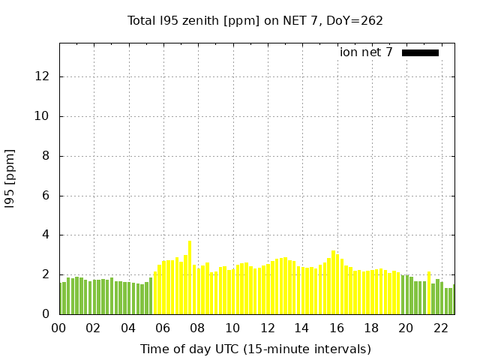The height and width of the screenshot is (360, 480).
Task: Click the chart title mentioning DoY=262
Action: pyautogui.click(x=255, y=20)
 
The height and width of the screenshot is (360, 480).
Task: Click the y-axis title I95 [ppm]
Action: pyautogui.click(x=10, y=178)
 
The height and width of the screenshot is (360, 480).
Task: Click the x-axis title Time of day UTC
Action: pyautogui.click(x=255, y=349)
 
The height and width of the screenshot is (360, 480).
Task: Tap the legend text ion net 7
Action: pyautogui.click(x=366, y=52)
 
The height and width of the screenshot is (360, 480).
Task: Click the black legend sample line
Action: pyautogui.click(x=420, y=52)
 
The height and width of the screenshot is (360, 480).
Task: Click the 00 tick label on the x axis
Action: pyautogui.click(x=58, y=328)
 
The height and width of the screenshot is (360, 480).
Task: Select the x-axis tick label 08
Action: pyautogui.click(x=197, y=328)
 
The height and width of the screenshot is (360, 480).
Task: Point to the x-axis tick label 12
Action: pyautogui.click(x=267, y=328)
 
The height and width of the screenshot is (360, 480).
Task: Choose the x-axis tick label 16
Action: pyautogui.click(x=337, y=328)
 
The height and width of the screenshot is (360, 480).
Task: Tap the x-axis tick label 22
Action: pyautogui.click(x=441, y=328)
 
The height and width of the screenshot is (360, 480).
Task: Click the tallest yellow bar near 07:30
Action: pyautogui.click(x=190, y=277)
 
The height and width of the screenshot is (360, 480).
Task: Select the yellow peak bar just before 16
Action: pyautogui.click(x=333, y=283)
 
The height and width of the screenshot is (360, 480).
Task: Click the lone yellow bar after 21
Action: pyautogui.click(x=429, y=293)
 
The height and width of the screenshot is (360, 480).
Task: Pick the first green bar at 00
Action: pyautogui.click(x=63, y=298)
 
